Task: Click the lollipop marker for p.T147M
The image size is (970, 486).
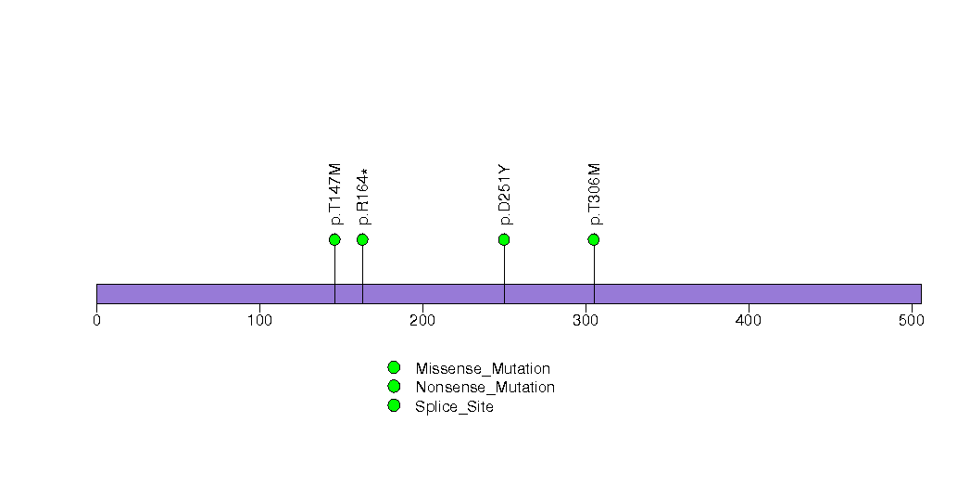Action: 334,239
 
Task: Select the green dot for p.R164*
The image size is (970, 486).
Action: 362,239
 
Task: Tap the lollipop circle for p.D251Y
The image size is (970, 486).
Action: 504,239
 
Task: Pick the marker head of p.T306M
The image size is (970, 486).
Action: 594,239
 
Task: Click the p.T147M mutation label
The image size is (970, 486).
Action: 335,194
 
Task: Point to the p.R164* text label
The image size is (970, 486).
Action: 364,197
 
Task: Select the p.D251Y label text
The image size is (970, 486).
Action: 505,195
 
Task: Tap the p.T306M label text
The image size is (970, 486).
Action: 595,194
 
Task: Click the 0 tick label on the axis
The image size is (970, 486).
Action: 96,321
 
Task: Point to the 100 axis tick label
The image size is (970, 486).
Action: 259,321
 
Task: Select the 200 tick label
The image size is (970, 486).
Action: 422,321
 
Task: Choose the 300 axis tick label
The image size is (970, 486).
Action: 586,321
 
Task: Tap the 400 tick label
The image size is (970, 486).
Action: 749,321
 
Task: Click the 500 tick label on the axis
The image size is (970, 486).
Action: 912,321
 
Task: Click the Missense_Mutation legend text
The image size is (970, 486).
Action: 483,369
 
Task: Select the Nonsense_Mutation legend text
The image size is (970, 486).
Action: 485,388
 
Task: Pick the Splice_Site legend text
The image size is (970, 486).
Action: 454,407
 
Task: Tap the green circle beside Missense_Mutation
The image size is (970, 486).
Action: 394,368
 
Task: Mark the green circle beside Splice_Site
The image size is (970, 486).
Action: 394,405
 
